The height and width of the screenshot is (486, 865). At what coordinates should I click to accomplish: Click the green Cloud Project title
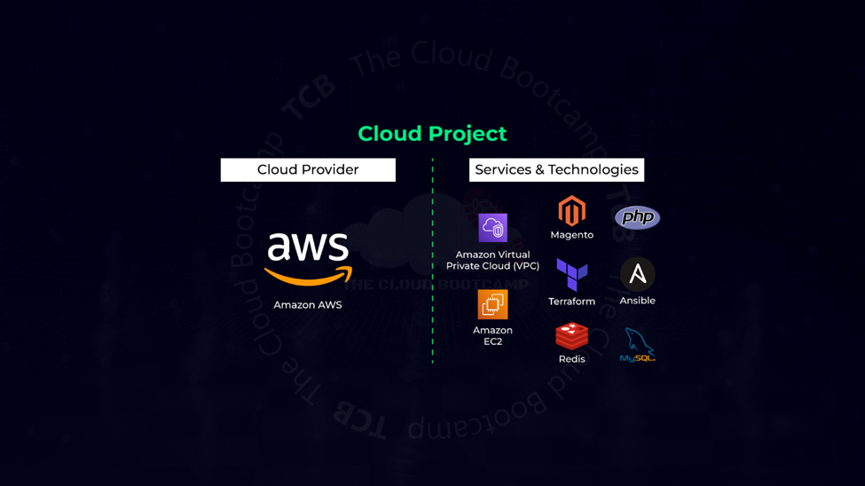[432, 134]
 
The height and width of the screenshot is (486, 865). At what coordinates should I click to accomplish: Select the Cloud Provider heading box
[308, 170]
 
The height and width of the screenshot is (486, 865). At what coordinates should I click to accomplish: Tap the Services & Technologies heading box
[556, 170]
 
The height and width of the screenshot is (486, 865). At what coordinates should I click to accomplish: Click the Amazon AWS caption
[308, 305]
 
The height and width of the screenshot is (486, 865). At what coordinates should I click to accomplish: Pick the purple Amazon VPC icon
[492, 228]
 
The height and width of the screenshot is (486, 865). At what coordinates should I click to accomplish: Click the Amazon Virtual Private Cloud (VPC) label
[492, 261]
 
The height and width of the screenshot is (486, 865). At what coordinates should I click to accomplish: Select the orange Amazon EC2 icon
[492, 304]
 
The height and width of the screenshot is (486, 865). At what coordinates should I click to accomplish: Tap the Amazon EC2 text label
[492, 336]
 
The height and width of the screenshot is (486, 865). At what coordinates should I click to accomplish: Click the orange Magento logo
[571, 211]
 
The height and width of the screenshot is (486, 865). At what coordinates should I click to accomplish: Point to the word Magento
[571, 235]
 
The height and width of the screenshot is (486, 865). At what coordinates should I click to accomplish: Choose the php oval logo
[637, 217]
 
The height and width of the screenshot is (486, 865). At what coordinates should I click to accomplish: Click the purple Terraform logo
[571, 275]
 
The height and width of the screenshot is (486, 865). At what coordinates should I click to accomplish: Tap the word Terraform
[571, 302]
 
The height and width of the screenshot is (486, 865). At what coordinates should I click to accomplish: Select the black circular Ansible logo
[637, 275]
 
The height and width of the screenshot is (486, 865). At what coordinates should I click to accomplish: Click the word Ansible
[637, 301]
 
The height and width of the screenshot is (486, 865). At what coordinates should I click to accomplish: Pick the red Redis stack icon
[571, 336]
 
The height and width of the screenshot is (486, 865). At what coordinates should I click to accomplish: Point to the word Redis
[571, 359]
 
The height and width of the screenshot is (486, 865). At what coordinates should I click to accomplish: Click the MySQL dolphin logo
[637, 345]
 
